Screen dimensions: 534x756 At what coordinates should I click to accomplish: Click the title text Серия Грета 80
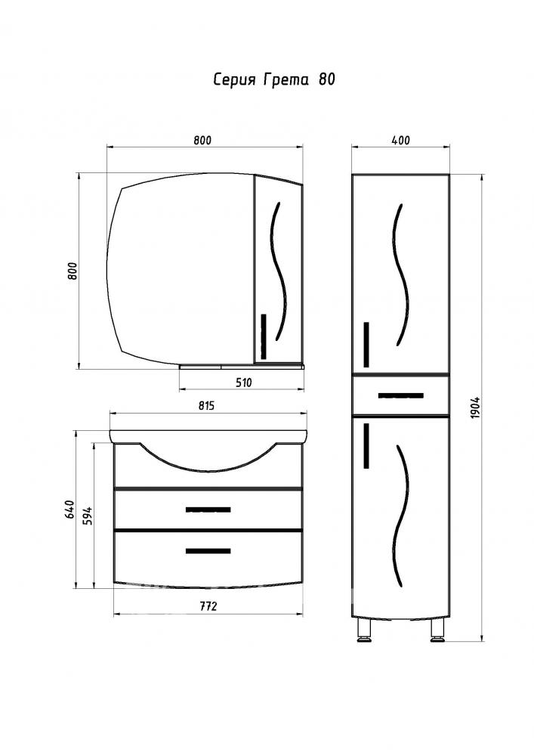(x=274, y=79)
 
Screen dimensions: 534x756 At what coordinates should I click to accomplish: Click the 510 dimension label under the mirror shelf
(x=244, y=383)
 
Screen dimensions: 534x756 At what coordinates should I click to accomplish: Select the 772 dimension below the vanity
(x=208, y=606)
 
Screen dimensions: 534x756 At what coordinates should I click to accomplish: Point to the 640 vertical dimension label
(x=69, y=509)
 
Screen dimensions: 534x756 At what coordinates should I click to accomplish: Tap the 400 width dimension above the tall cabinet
(x=400, y=141)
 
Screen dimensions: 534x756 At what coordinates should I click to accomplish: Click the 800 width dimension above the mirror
(x=202, y=141)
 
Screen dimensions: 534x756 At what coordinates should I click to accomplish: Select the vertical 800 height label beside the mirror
(x=73, y=272)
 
